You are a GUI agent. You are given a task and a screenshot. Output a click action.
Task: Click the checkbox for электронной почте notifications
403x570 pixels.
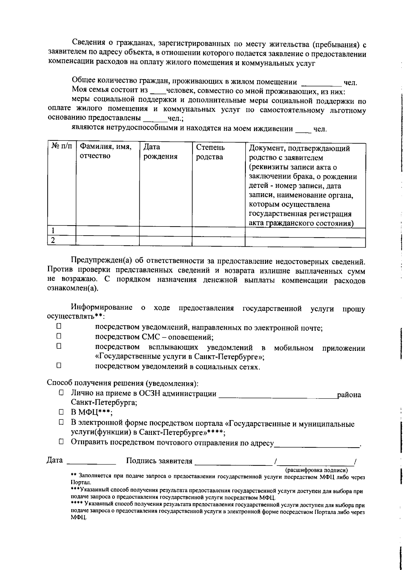(58, 326)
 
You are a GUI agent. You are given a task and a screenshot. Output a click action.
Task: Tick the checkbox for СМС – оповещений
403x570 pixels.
(58, 335)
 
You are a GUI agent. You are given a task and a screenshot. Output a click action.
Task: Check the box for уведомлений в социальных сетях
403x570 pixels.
(58, 365)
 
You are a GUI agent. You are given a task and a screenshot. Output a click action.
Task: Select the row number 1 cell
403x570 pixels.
(61, 231)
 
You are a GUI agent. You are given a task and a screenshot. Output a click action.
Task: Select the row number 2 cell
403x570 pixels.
(61, 241)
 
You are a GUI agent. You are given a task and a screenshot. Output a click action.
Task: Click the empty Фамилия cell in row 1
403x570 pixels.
(107, 231)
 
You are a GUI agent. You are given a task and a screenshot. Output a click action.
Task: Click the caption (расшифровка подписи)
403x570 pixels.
(316, 470)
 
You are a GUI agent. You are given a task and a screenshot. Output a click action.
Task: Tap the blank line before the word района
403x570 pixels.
(277, 395)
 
